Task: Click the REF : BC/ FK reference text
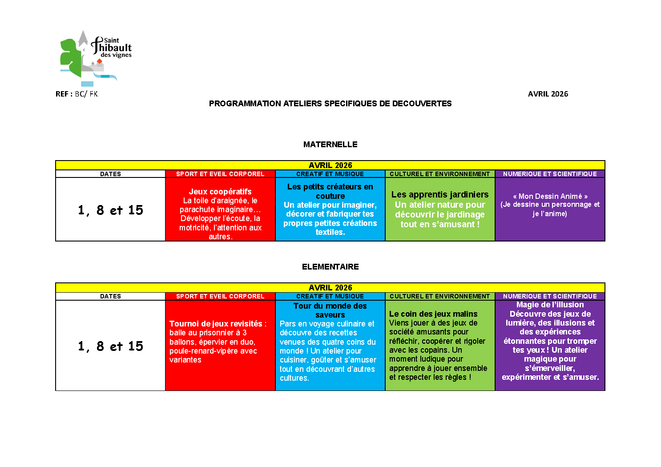tap(77, 94)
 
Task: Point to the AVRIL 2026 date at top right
tap(548, 94)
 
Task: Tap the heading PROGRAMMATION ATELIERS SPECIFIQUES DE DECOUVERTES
tap(330, 104)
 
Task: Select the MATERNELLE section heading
tap(330, 145)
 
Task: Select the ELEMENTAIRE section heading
tap(330, 267)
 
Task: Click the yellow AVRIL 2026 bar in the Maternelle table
tap(330, 165)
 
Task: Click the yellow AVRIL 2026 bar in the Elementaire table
tap(330, 288)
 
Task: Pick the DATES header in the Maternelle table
tap(110, 174)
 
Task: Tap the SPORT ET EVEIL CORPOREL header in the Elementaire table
tap(220, 296)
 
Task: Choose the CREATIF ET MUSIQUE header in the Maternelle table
tap(330, 174)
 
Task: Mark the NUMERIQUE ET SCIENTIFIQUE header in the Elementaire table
tap(550, 296)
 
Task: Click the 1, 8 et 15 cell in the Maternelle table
tap(110, 210)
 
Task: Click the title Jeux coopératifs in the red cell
tap(220, 192)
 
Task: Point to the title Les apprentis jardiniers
tap(440, 194)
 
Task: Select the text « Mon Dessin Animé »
tap(550, 196)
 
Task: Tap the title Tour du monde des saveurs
tap(330, 310)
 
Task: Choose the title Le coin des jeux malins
tap(433, 314)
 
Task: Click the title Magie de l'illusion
tap(550, 305)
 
